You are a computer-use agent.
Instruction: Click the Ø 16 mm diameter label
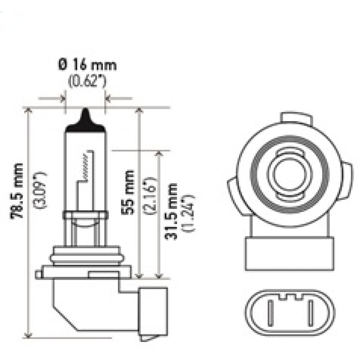click(x=87, y=65)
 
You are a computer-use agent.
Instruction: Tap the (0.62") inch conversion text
click(x=87, y=82)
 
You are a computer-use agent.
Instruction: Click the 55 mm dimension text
click(x=129, y=192)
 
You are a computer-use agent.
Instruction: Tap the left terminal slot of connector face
click(x=270, y=315)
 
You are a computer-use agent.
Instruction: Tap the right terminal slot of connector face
click(x=310, y=315)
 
